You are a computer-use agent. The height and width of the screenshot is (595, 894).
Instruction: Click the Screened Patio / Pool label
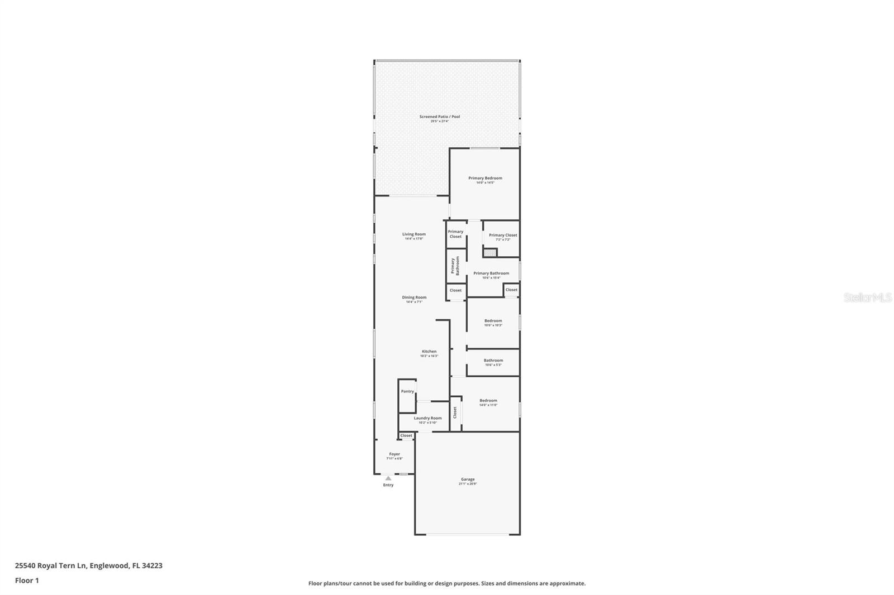click(x=440, y=117)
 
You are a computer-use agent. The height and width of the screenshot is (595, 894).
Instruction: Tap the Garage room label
click(x=468, y=479)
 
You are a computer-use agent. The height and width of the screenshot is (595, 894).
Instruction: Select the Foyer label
click(x=394, y=454)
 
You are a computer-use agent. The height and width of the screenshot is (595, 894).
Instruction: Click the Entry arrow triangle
click(x=388, y=478)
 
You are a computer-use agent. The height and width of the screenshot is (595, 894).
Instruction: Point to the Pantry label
click(x=407, y=391)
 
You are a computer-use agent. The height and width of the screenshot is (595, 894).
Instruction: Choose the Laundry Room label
click(x=427, y=418)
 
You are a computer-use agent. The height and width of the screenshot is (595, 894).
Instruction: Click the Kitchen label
click(x=429, y=352)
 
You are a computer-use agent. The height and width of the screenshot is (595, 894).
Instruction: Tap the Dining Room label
click(x=414, y=297)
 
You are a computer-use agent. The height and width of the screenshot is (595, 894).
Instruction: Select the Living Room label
click(x=414, y=234)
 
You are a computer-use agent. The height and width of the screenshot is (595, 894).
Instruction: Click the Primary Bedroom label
click(x=485, y=178)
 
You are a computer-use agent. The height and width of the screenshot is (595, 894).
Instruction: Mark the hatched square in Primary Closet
click(x=490, y=253)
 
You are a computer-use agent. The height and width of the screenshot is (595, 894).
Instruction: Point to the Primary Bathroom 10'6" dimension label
click(x=491, y=277)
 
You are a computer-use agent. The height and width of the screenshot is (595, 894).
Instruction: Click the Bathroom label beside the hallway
click(x=493, y=361)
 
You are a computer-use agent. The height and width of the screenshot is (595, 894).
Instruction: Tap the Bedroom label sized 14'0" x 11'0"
click(x=488, y=401)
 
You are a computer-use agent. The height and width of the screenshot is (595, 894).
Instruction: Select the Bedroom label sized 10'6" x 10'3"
click(x=493, y=321)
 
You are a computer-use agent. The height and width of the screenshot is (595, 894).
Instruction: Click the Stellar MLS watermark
click(x=867, y=297)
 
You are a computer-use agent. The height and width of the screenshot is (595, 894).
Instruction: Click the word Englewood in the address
click(x=109, y=565)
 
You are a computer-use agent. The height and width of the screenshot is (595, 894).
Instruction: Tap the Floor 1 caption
click(x=27, y=580)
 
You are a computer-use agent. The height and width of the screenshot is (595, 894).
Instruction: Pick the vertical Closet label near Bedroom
click(x=455, y=412)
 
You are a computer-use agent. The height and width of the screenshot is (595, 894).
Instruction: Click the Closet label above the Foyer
click(x=406, y=435)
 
